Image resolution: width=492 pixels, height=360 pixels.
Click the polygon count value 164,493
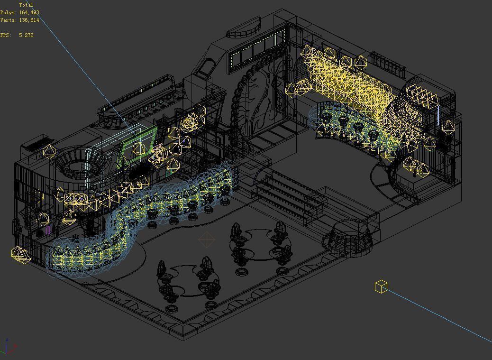[29, 12]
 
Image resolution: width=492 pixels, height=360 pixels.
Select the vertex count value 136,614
[29, 20]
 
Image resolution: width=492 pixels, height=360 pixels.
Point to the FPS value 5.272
[27, 35]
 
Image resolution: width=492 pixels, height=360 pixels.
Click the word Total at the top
[26, 5]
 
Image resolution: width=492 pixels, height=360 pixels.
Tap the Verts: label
[9, 20]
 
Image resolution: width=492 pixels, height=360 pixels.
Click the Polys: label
[9, 12]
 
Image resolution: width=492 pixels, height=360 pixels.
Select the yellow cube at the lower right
[381, 286]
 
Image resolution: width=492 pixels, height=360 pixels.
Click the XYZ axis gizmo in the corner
[8, 347]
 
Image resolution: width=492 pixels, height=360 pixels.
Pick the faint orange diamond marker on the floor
[207, 240]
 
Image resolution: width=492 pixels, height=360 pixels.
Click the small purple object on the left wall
[48, 230]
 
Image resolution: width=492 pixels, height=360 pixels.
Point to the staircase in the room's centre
[289, 194]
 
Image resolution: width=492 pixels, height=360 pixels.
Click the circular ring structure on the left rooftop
[76, 166]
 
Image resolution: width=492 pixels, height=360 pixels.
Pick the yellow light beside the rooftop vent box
[49, 151]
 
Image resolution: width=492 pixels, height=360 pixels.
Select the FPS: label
[6, 35]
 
